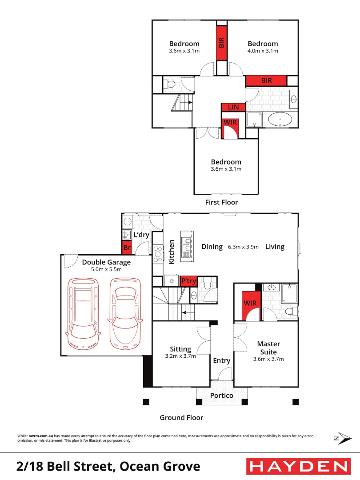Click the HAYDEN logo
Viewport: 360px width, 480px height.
pyautogui.click(x=298, y=466)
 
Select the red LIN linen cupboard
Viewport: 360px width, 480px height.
pyautogui.click(x=233, y=107)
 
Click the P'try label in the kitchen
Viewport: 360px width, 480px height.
pyautogui.click(x=188, y=281)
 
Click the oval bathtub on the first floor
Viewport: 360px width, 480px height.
pyautogui.click(x=280, y=120)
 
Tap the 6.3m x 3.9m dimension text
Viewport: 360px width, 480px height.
pyautogui.click(x=243, y=247)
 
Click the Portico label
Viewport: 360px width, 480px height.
pyautogui.click(x=222, y=395)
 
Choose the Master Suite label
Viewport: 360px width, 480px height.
pyautogui.click(x=268, y=348)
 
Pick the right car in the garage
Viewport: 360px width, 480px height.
pyautogui.click(x=125, y=313)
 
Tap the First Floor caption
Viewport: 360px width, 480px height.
pyautogui.click(x=221, y=202)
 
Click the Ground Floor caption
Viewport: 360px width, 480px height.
pyautogui.click(x=181, y=417)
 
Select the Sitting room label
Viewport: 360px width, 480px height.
pyautogui.click(x=180, y=349)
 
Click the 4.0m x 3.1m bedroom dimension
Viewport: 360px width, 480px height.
pyautogui.click(x=263, y=51)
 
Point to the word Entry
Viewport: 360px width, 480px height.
pyautogui.click(x=221, y=360)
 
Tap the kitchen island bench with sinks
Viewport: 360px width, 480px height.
pyautogui.click(x=187, y=246)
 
